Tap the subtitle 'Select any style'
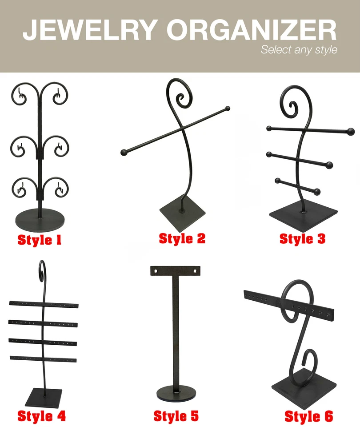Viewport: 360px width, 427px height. (x=299, y=49)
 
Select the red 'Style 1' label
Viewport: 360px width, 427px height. (x=40, y=240)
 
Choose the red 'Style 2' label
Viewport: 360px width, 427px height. (x=182, y=238)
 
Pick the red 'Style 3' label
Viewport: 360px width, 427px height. (x=302, y=239)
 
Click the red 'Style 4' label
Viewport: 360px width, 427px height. (x=41, y=416)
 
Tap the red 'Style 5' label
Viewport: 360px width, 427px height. (x=176, y=416)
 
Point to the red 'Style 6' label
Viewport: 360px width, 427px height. (x=308, y=417)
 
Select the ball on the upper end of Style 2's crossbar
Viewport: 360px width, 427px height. (x=228, y=108)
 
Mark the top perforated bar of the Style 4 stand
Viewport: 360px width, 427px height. (x=44, y=304)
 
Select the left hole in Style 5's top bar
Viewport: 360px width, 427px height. (x=156, y=270)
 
